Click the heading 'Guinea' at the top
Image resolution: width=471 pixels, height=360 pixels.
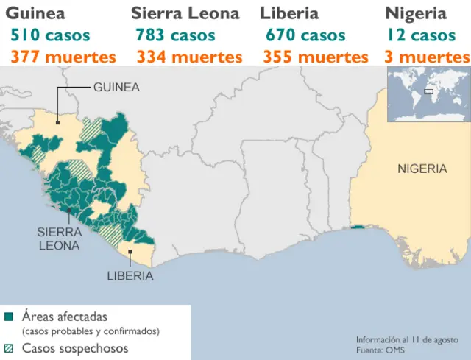tap(35, 13)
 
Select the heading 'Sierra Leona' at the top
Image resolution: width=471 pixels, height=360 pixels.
tap(185, 13)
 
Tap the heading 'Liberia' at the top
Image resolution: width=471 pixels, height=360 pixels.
tap(289, 13)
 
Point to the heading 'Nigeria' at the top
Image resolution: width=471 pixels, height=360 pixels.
tap(416, 13)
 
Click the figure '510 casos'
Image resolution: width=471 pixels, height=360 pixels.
tap(50, 35)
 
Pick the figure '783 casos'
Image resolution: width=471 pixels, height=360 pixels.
tap(175, 35)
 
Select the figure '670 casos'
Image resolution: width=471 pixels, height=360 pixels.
tap(305, 35)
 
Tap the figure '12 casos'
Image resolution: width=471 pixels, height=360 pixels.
tap(421, 35)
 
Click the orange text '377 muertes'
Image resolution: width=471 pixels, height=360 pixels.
tap(63, 57)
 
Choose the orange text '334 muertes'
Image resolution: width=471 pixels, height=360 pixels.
tap(189, 57)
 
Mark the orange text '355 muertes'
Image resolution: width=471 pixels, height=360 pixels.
tap(315, 57)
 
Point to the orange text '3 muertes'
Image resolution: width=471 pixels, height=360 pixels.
tap(426, 57)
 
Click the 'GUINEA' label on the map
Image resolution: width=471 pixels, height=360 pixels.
tap(116, 87)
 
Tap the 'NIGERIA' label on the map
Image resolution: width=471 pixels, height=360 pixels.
tap(422, 169)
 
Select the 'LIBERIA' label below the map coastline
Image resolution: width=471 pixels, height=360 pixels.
tap(130, 276)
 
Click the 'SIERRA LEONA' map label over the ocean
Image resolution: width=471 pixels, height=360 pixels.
tap(58, 239)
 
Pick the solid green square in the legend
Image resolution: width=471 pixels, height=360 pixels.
tap(9, 317)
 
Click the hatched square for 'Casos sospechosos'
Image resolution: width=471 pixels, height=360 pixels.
tap(9, 348)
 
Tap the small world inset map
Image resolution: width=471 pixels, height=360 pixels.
tap(427, 93)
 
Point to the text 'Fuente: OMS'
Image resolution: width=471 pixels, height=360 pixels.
tap(380, 350)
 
